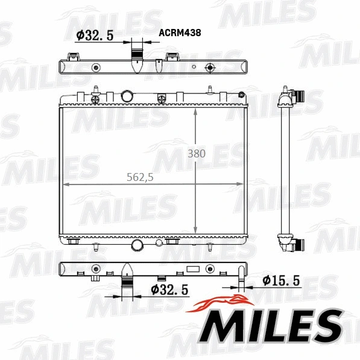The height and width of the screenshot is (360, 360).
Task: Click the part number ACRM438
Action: (x=180, y=33)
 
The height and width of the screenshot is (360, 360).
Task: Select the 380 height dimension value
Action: (x=197, y=154)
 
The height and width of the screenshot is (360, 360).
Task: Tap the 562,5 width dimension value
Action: (x=140, y=177)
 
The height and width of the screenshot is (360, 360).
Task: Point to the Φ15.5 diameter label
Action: (x=281, y=280)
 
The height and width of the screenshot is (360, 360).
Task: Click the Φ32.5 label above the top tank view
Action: (x=95, y=36)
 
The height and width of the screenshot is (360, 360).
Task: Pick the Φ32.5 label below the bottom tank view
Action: (x=169, y=289)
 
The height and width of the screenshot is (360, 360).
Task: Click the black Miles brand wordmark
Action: (x=271, y=326)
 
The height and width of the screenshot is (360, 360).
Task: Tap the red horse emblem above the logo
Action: (x=221, y=303)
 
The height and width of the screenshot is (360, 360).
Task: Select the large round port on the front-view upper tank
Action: (x=127, y=96)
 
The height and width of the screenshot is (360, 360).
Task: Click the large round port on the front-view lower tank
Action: (x=137, y=245)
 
